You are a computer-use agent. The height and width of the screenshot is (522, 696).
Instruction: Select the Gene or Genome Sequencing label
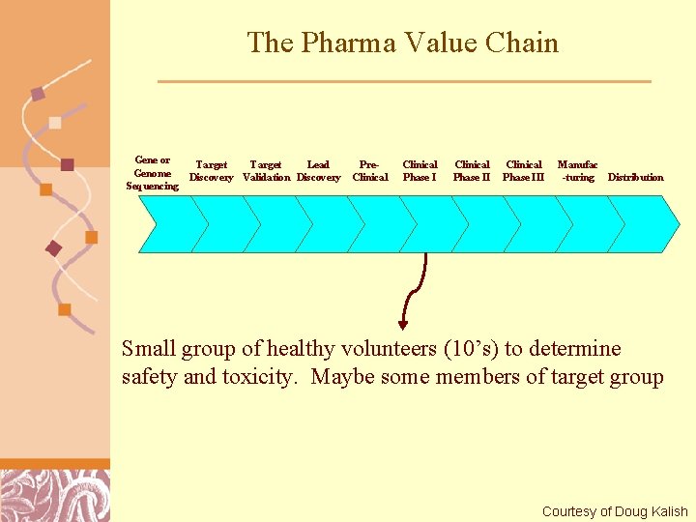[152, 173]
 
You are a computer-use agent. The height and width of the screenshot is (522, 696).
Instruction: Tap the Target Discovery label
[211, 171]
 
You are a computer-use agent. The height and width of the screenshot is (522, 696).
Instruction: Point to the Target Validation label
[266, 171]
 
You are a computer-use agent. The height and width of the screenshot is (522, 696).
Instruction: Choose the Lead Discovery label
[318, 171]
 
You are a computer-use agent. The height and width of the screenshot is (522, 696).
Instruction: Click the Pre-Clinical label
[369, 171]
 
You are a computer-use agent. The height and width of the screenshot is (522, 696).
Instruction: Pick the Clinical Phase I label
[420, 171]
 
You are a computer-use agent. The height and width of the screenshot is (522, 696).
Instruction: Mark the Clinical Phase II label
[472, 171]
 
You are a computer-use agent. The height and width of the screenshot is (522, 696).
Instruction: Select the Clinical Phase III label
[524, 171]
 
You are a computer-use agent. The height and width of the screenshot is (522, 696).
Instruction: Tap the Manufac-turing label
[578, 171]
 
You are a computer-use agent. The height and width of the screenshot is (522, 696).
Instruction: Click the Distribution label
[635, 178]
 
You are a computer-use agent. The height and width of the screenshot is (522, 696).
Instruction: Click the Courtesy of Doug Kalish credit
[615, 511]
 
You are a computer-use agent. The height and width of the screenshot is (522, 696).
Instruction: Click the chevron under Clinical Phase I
[425, 224]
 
